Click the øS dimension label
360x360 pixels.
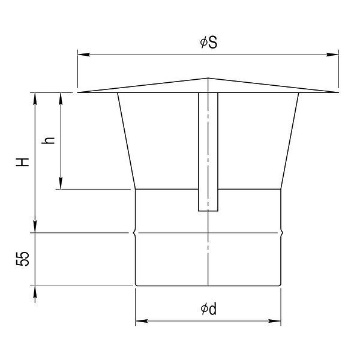(208, 43)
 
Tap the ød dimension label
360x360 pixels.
(208, 309)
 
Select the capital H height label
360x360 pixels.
(23, 162)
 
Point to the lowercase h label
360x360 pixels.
(48, 140)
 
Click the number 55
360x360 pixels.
(23, 259)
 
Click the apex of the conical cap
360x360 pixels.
(208, 78)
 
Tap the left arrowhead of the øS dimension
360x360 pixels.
(83, 55)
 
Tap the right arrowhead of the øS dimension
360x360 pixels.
(332, 55)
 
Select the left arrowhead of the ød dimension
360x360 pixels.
(142, 321)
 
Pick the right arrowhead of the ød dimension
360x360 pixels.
(275, 321)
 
